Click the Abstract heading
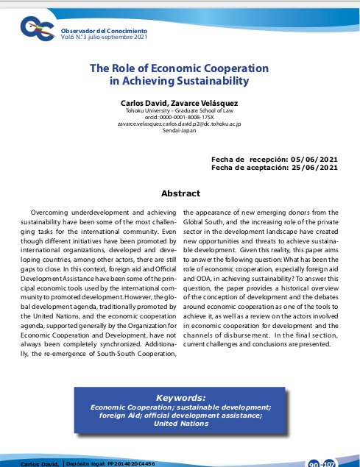(x=180, y=193)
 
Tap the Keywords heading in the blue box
(x=180, y=397)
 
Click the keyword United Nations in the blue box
(x=180, y=423)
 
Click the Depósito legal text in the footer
(x=110, y=463)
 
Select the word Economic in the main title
(x=165, y=68)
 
